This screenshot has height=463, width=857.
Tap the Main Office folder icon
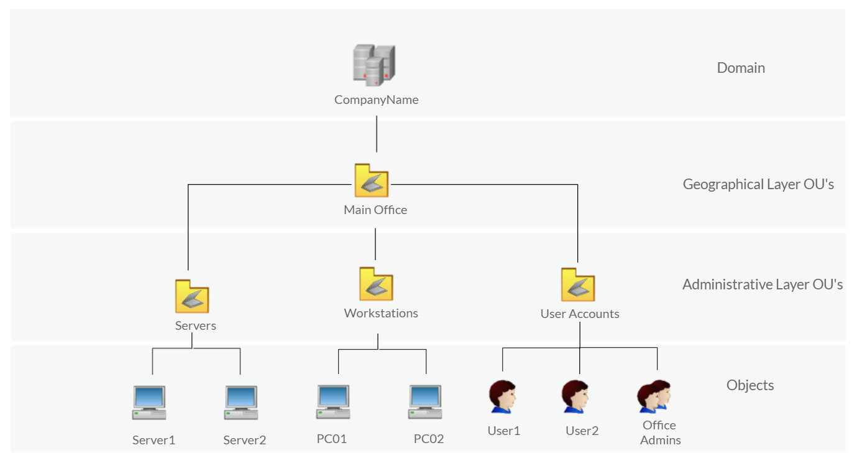tap(371, 180)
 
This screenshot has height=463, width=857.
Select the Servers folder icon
tap(192, 296)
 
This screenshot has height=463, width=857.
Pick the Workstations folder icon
tap(376, 284)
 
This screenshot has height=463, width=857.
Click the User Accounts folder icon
tap(578, 284)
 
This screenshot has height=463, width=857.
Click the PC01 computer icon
tap(333, 402)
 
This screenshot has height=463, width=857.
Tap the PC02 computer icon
tap(425, 402)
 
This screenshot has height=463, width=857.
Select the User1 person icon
tap(502, 397)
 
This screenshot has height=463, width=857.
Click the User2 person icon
tap(575, 397)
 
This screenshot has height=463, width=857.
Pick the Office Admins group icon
tap(654, 396)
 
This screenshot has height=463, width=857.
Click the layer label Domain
tap(741, 68)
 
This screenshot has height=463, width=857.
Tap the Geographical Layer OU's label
tap(758, 184)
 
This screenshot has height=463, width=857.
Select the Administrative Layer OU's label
tap(763, 284)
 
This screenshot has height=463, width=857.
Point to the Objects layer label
tap(750, 385)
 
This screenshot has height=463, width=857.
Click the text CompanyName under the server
tap(376, 100)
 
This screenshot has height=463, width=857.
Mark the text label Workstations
tap(381, 313)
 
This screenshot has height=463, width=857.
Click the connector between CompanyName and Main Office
tap(377, 134)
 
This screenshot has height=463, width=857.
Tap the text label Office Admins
tap(661, 433)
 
